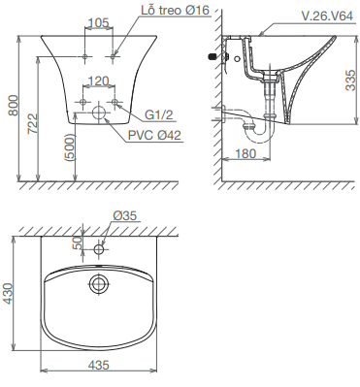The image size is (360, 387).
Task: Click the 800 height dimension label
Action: pos(14,105)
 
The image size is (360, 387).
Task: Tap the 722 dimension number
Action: pos(32,123)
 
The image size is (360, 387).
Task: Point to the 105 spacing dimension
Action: pos(99,22)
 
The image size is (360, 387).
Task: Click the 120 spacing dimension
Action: pos(98,81)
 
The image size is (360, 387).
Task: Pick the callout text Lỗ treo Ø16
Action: pos(176,11)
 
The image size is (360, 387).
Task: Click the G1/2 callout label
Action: pos(159,114)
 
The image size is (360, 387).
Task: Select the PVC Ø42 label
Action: pos(154,135)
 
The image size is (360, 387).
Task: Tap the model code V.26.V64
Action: pos(327,16)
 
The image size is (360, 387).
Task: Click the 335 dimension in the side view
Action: pos(350,80)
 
